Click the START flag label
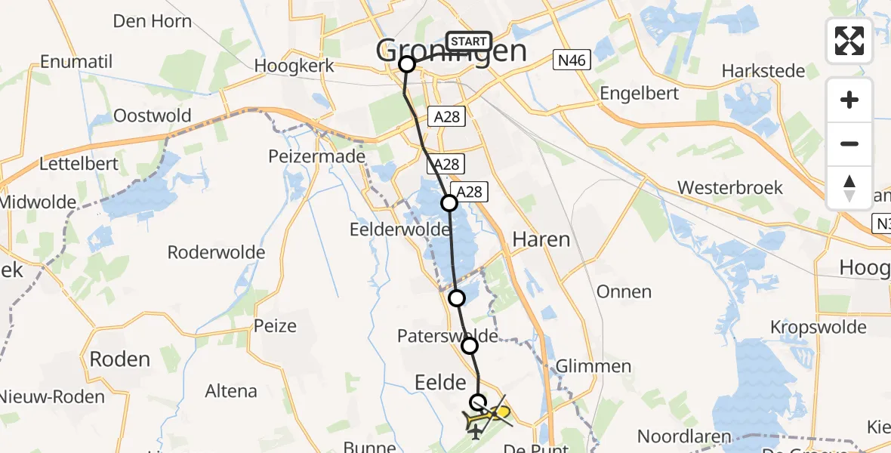[469, 41]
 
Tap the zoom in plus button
[849, 100]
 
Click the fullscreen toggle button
[849, 41]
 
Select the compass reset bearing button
[849, 188]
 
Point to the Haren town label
[541, 240]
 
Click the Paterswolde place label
[448, 335]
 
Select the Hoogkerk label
[294, 66]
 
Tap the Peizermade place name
[317, 157]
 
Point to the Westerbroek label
[730, 187]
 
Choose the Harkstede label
[764, 71]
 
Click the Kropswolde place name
[819, 327]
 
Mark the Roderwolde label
[217, 252]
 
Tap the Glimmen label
[593, 366]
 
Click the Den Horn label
[153, 20]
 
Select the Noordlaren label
[685, 436]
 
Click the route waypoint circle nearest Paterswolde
[470, 346]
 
